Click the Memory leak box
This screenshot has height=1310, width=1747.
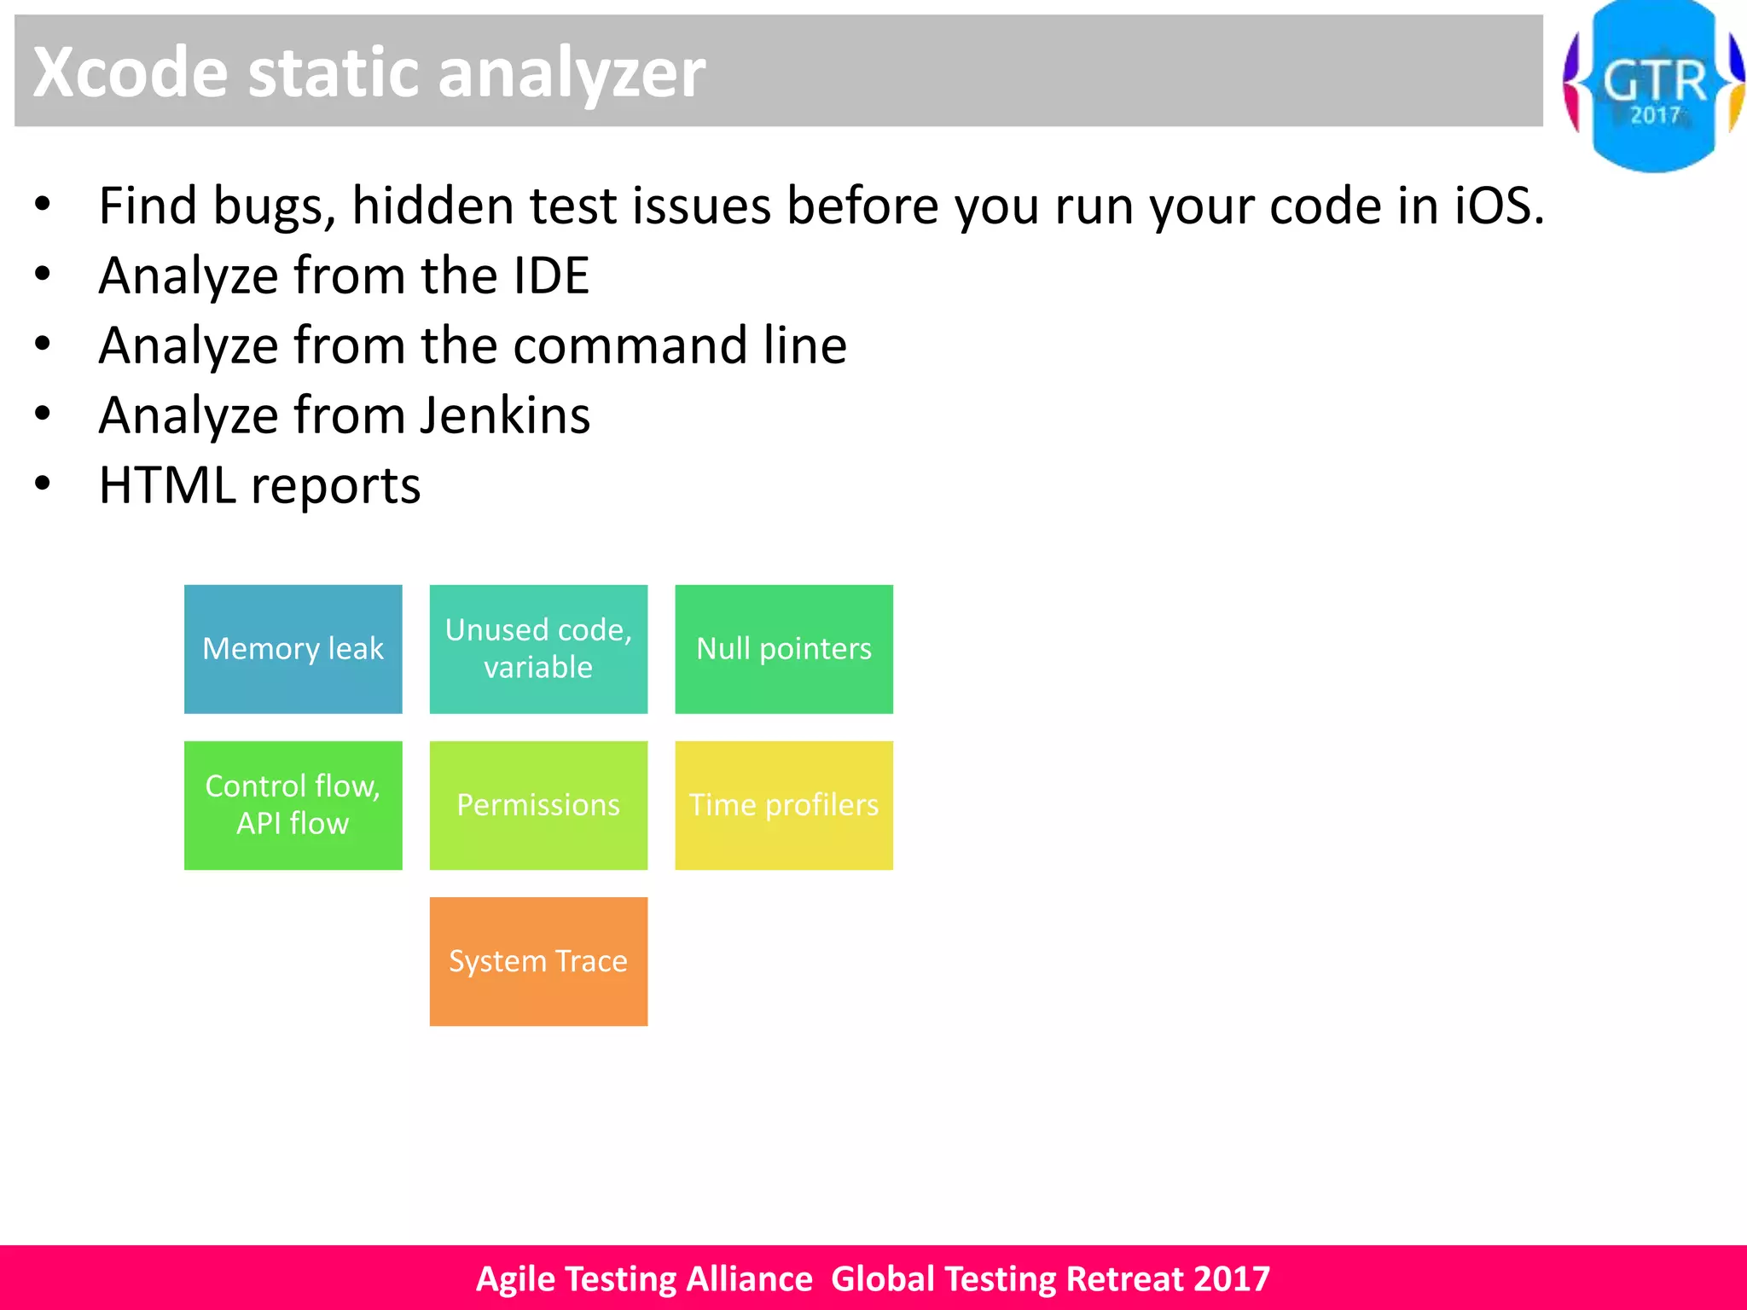click(293, 649)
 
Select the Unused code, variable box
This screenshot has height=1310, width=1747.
click(538, 649)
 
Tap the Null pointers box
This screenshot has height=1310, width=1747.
click(784, 649)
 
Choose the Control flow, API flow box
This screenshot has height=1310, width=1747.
click(293, 805)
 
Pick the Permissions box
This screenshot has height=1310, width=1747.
click(538, 805)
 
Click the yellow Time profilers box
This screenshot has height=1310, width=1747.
click(784, 805)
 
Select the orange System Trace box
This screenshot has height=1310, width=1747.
click(538, 961)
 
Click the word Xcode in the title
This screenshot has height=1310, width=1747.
click(131, 72)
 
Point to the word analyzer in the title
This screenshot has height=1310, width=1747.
click(572, 72)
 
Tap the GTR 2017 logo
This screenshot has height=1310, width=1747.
click(1654, 85)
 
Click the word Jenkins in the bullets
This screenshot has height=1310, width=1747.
click(505, 416)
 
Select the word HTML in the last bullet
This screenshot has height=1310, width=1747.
click(167, 486)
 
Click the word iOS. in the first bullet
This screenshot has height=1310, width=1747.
click(1499, 206)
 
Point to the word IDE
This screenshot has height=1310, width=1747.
click(551, 276)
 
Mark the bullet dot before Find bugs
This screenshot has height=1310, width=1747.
click(43, 205)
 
